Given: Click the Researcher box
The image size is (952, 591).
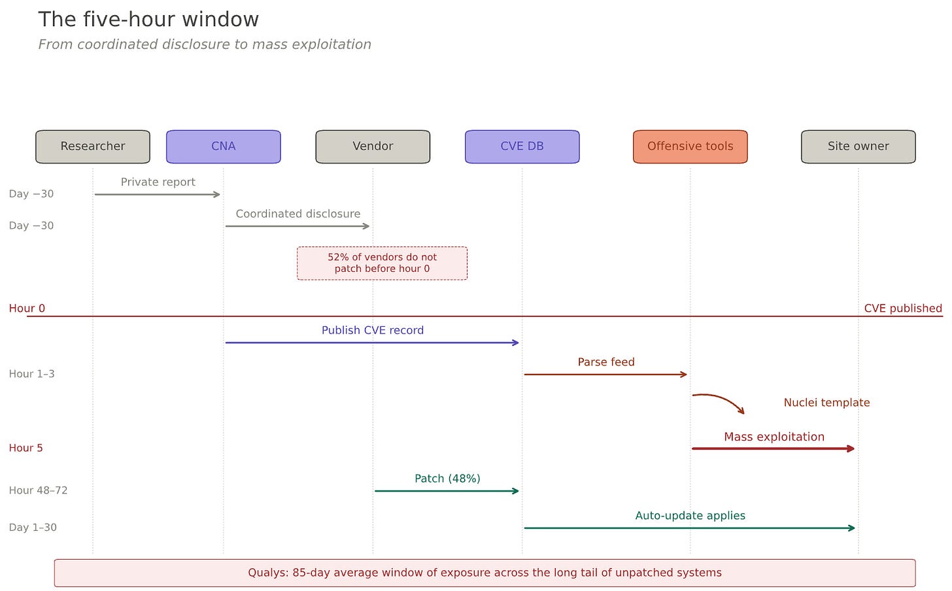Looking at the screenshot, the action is coord(93,146).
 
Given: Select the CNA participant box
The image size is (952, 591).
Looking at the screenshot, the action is coord(224,146).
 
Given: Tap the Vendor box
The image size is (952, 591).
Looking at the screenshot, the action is coord(373,146).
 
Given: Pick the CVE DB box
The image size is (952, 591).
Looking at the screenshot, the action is coord(522,146).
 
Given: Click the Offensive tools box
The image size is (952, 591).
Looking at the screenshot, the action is coord(690,146).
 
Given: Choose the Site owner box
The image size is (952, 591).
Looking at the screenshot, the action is coord(858,146).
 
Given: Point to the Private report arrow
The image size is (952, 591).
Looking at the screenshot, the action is coord(158,195).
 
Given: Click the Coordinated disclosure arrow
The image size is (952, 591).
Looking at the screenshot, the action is coord(297,226).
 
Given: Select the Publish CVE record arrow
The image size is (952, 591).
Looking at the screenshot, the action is coord(372,343).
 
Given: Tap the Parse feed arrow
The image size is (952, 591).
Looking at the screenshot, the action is coord(605,375).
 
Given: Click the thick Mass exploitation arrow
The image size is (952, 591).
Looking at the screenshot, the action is coord(773,448).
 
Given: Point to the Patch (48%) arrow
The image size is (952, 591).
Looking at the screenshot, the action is coord(447,491).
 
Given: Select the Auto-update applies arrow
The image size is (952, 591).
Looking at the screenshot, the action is coord(690,528).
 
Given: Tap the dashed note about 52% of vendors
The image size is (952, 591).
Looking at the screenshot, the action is coord(382,263).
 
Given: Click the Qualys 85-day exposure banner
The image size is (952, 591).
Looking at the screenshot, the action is coord(485,573).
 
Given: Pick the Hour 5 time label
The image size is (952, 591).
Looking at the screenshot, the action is coord(26,448).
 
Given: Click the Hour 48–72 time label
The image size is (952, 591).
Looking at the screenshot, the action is coord(38,490).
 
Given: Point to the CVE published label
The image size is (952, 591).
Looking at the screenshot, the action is coord(903,308).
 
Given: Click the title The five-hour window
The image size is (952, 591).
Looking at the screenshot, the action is coord(148,19).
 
